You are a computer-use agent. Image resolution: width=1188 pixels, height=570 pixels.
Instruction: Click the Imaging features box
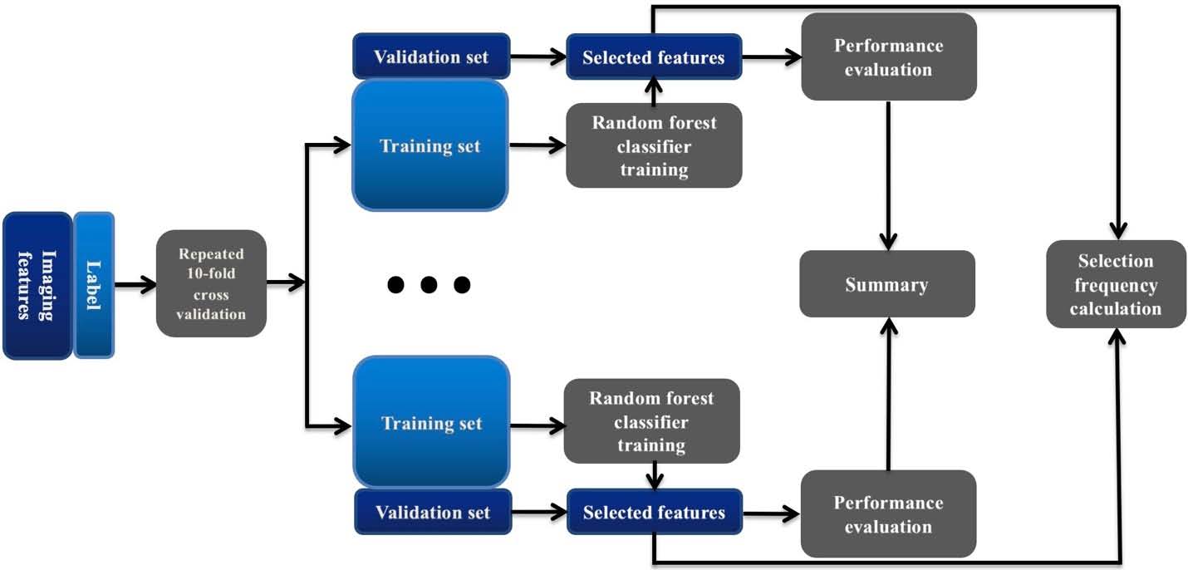point(37,285)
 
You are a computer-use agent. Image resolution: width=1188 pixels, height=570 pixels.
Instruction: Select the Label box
point(94,285)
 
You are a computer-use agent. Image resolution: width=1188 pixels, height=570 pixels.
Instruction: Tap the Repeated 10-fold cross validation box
point(212,283)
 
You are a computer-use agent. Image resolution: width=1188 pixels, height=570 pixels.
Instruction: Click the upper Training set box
point(430,145)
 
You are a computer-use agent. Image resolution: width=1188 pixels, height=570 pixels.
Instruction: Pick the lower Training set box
point(431,422)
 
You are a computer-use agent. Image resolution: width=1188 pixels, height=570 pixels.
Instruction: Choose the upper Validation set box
point(430,57)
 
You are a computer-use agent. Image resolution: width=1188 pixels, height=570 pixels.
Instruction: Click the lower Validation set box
point(432,511)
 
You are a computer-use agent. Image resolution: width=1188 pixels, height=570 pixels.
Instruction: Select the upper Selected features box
point(653,57)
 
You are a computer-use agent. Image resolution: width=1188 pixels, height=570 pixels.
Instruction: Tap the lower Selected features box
point(654,511)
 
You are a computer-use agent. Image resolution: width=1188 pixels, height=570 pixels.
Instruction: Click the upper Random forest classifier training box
point(653,145)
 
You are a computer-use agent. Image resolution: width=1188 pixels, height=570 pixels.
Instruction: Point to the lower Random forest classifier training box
point(651,421)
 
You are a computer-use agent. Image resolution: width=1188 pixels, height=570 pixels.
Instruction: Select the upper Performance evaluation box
point(888,57)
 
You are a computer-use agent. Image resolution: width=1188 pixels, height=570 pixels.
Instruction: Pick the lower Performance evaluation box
point(888,513)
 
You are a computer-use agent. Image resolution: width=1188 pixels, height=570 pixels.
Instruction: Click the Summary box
point(886,284)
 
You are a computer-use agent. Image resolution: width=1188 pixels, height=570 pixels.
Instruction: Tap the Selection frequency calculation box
point(1115,284)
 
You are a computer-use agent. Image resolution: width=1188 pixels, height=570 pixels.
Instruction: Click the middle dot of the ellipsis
point(429,285)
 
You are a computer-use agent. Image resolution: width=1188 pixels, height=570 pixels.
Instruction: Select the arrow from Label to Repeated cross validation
point(135,284)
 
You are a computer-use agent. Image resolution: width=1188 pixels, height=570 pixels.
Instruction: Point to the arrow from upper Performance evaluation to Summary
point(889,174)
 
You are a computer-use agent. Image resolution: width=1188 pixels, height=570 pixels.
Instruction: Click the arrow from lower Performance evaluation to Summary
point(889,394)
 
